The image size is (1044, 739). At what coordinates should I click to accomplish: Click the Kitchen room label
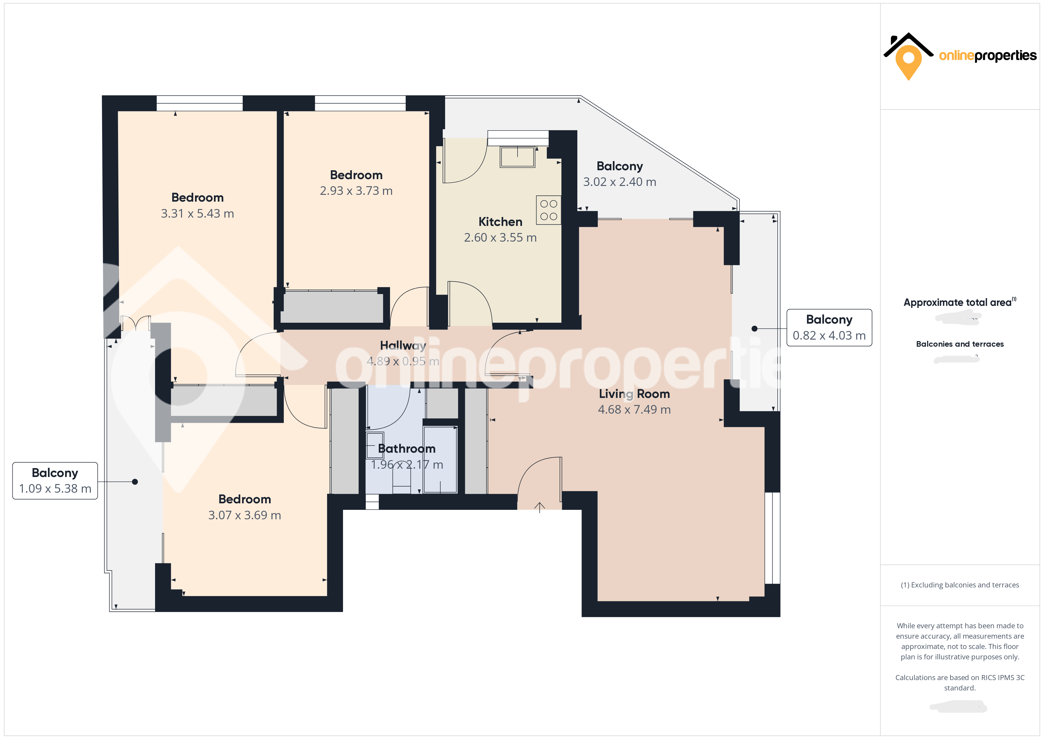point(500,221)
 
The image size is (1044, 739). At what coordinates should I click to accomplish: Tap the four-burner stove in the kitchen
point(548,210)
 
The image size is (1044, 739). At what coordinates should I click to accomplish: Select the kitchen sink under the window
point(518,157)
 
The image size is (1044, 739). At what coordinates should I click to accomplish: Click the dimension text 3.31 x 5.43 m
point(197,213)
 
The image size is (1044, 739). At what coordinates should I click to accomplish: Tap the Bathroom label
point(407,449)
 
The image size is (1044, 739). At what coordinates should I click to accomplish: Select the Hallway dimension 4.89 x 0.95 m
point(403,361)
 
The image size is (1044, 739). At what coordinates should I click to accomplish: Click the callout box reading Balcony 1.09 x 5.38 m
point(55,481)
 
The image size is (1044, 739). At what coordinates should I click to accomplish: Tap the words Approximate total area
point(957,303)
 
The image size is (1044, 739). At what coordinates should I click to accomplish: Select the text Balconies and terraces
point(959,344)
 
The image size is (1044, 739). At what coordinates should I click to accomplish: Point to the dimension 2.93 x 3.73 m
point(356,191)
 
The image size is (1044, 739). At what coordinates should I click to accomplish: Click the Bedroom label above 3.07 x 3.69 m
point(245,499)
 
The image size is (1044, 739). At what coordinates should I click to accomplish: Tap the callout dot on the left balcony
point(135,481)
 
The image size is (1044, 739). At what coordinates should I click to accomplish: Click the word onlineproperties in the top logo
point(987,56)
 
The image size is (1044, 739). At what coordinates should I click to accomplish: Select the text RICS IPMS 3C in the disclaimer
point(1003,678)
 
